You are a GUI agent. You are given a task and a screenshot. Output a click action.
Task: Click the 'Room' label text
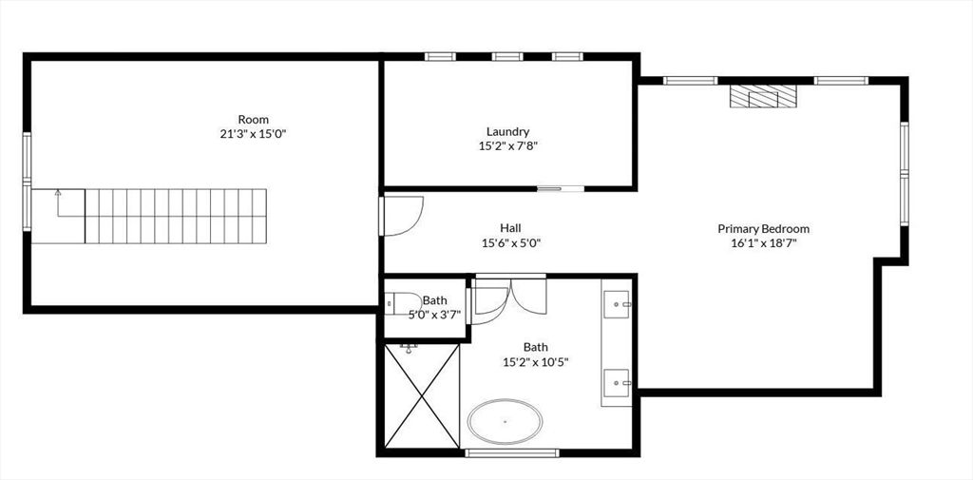pos(253,119)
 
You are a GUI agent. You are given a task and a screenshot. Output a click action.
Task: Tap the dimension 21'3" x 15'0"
pos(253,134)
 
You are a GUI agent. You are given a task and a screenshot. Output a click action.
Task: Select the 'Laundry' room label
pos(507,131)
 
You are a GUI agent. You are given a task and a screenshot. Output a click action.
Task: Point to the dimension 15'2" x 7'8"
pos(507,146)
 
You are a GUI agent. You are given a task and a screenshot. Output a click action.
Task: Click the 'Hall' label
pos(510,228)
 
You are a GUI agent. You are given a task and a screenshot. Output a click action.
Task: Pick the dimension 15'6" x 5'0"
pos(510,242)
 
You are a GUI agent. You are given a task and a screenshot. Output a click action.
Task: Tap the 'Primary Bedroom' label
pos(763,228)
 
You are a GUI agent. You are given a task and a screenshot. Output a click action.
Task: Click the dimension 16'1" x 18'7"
pos(763,243)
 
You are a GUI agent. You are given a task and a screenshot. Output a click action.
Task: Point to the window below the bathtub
pos(506,452)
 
